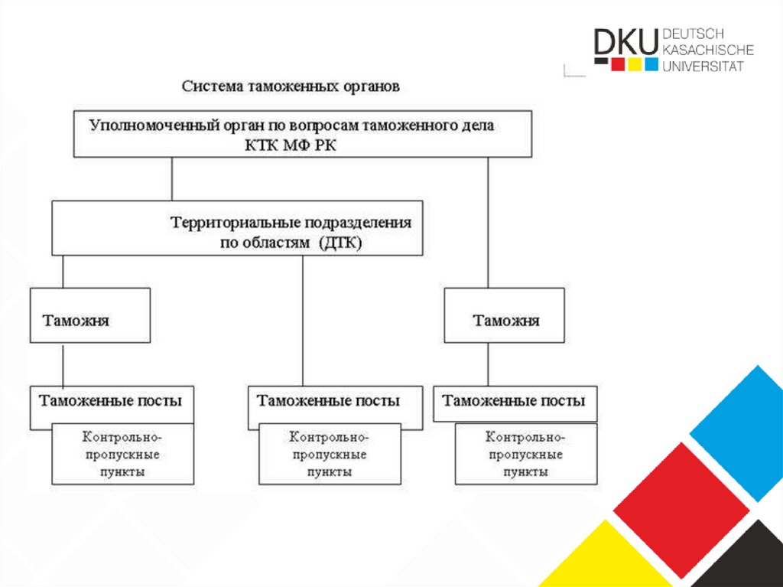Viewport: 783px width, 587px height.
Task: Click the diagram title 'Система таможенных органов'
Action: tap(290, 86)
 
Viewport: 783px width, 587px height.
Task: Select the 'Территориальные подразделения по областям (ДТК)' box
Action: tap(237, 229)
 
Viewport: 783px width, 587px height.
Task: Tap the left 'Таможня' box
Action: tap(90, 315)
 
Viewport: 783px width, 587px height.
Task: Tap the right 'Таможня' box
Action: tap(505, 315)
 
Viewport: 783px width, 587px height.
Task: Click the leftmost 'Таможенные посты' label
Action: tap(111, 400)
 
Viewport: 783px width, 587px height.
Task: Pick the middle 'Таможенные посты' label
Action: tap(328, 400)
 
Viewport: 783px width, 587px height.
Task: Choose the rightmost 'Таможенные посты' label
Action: tap(513, 400)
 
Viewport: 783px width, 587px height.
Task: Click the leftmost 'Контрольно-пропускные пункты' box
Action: tap(122, 455)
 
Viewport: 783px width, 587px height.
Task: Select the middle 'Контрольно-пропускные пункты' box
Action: tap(329, 455)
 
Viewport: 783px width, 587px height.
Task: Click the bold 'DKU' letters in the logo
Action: tap(625, 44)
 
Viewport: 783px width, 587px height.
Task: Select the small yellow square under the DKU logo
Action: tap(634, 64)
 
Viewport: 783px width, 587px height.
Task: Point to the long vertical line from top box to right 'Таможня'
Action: tap(488, 222)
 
